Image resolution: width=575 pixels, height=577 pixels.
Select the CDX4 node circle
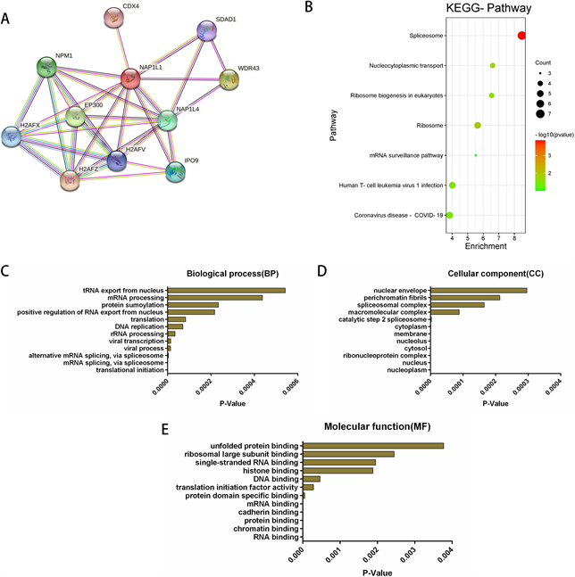click(113, 17)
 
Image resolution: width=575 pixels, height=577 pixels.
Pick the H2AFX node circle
click(12, 136)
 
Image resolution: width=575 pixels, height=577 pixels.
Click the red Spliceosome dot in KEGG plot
click(521, 35)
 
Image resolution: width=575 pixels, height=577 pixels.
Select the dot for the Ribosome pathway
click(478, 126)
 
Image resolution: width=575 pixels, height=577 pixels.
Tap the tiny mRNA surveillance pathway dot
click(476, 155)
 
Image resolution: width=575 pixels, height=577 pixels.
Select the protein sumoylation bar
click(193, 304)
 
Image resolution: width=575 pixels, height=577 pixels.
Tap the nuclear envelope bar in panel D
click(479, 290)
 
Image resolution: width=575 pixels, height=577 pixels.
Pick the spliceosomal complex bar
click(457, 304)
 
